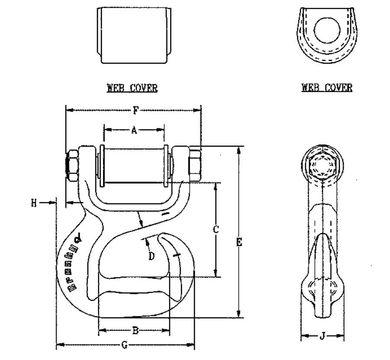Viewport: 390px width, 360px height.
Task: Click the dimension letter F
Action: point(136,110)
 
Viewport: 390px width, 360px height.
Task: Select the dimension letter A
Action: point(134,130)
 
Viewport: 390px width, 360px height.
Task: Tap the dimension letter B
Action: point(135,331)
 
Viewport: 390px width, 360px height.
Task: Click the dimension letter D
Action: point(152,256)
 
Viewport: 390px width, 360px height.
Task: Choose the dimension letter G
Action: point(124,345)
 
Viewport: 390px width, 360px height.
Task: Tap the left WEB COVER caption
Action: point(132,88)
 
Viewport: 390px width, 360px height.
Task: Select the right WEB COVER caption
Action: point(327,88)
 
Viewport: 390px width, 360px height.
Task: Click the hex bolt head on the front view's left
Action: point(71,165)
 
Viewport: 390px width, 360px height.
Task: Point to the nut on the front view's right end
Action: point(195,165)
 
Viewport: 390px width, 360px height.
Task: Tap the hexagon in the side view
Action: point(323,167)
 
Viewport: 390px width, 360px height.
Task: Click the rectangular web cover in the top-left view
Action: point(132,35)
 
